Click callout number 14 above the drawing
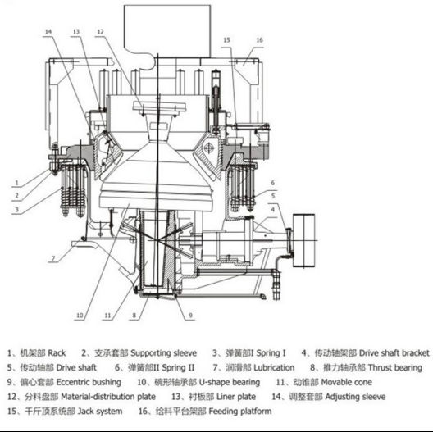pyautogui.click(x=48, y=31)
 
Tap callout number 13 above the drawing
pyautogui.click(x=76, y=31)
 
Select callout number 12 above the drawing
pyautogui.click(x=100, y=31)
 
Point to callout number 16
pyautogui.click(x=260, y=40)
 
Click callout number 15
pyautogui.click(x=226, y=40)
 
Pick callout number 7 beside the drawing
pyautogui.click(x=53, y=258)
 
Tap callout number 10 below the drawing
pyautogui.click(x=80, y=316)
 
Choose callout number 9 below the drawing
pyautogui.click(x=190, y=316)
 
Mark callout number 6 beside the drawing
pyautogui.click(x=273, y=183)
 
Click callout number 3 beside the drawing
pyautogui.click(x=17, y=210)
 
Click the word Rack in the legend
pyautogui.click(x=57, y=353)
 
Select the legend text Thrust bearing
pyautogui.click(x=395, y=368)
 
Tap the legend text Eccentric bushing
pyautogui.click(x=89, y=382)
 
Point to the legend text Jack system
pyautogui.click(x=100, y=412)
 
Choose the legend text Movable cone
pyautogui.click(x=347, y=382)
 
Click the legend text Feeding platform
pyautogui.click(x=240, y=412)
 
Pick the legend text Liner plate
pyautogui.click(x=236, y=397)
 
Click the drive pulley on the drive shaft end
pyautogui.click(x=303, y=240)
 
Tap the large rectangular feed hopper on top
pyautogui.click(x=167, y=30)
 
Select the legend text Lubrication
pyautogui.click(x=274, y=368)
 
